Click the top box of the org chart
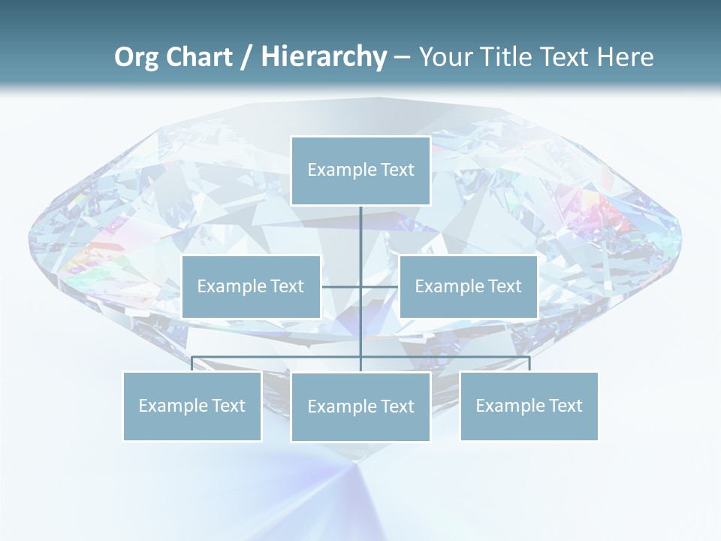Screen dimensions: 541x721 [x=360, y=171]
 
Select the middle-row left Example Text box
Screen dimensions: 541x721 [x=251, y=286]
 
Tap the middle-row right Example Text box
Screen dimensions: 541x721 [x=468, y=286]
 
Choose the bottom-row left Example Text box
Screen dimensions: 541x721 [x=192, y=406]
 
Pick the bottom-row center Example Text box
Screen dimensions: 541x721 [x=360, y=407]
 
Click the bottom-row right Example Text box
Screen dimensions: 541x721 [x=529, y=406]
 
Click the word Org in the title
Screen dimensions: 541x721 [x=136, y=57]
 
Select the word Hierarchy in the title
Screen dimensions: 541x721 [x=324, y=57]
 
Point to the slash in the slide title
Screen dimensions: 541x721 [x=246, y=58]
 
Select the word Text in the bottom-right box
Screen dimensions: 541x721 [x=566, y=406]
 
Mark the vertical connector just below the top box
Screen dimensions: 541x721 [x=360, y=225]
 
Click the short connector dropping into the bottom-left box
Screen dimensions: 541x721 [x=192, y=364]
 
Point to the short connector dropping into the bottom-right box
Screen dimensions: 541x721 [x=529, y=364]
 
